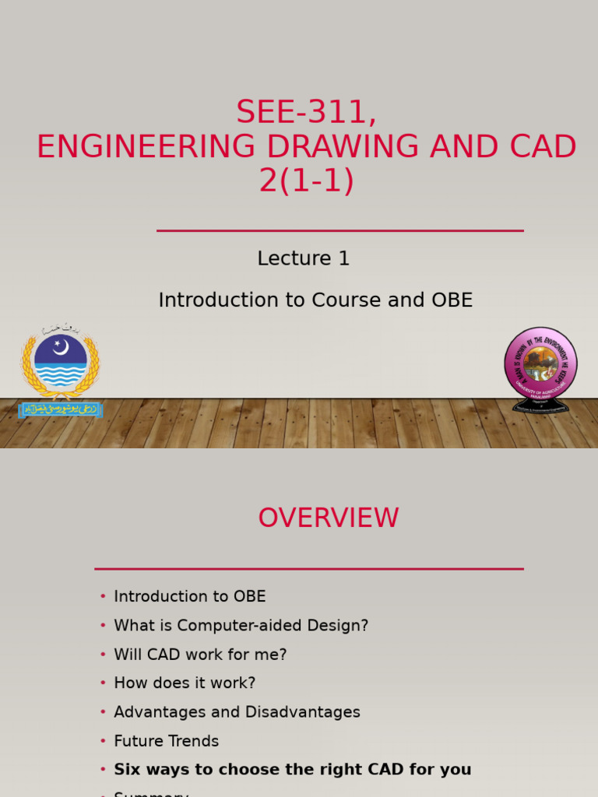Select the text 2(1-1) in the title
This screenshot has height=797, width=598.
[x=307, y=181]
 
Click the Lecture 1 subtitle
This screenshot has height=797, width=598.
[x=303, y=258]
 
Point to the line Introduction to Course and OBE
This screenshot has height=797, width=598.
[x=315, y=300]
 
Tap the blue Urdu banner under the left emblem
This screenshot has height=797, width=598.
[x=60, y=409]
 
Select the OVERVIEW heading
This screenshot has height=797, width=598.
[x=328, y=518]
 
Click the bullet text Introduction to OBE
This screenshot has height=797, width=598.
[x=189, y=597]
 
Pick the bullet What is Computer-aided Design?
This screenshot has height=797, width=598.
[x=241, y=626]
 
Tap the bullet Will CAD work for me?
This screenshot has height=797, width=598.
[x=200, y=655]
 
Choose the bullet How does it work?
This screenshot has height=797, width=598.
[x=185, y=683]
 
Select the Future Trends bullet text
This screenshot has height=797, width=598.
[x=166, y=741]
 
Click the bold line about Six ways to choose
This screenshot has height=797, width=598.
[x=292, y=770]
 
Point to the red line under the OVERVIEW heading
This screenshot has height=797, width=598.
[x=309, y=569]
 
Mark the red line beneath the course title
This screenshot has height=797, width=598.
[x=339, y=230]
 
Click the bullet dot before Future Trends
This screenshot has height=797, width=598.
[x=103, y=741]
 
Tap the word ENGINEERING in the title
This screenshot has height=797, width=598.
[x=146, y=147]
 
